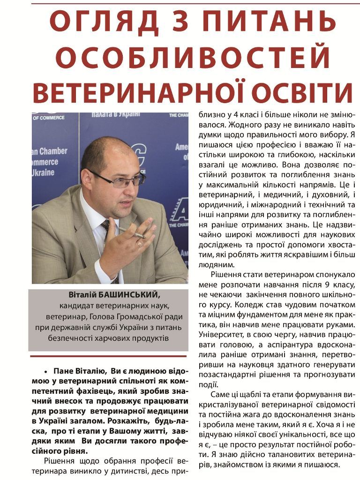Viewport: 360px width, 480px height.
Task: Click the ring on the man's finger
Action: tap(140, 243)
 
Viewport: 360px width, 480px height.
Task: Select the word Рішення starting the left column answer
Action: tap(60, 461)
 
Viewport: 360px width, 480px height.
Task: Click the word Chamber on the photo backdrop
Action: tap(53, 151)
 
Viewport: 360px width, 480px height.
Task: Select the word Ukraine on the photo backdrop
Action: tap(43, 172)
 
